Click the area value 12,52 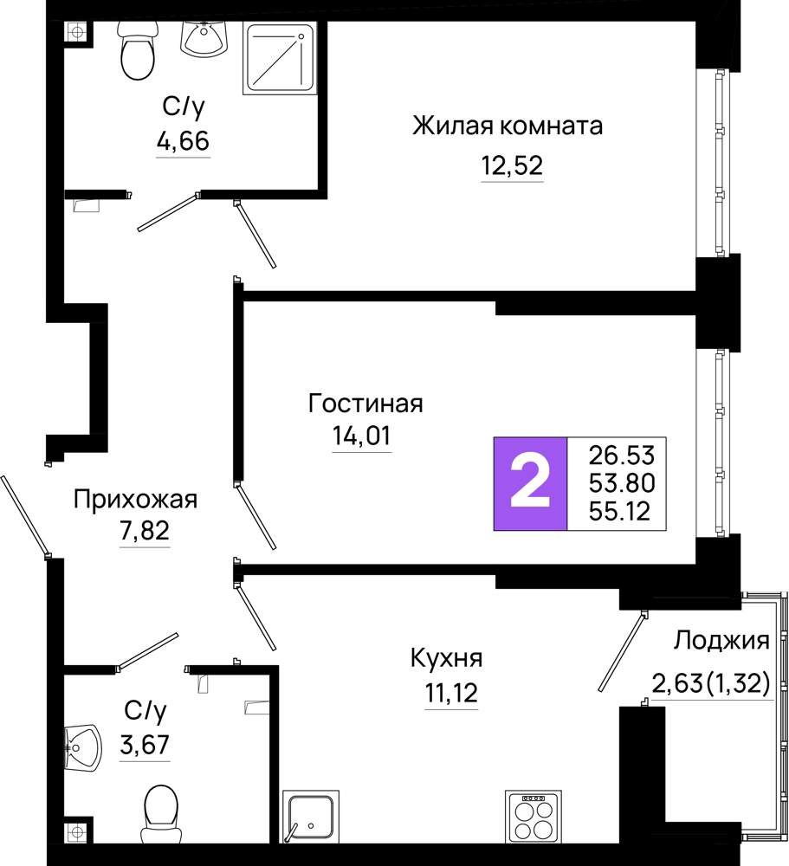512,165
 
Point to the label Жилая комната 508,126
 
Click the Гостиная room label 365,404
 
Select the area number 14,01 361,436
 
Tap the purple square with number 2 530,484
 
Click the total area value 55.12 619,511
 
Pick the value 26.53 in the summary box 621,456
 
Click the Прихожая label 135,500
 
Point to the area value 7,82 145,531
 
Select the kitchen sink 311,818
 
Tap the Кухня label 446,658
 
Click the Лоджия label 721,641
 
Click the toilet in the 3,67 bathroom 161,814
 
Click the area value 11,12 451,693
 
